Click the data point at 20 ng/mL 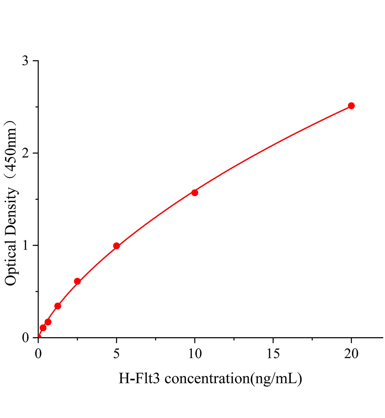click(351, 106)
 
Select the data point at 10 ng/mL click(195, 193)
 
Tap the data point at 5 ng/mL click(116, 246)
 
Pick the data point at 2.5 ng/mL click(77, 281)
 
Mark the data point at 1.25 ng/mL click(58, 306)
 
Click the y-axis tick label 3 click(25, 61)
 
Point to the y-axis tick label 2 click(25, 153)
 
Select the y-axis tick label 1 click(25, 246)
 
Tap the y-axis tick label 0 click(25, 338)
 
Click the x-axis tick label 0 click(38, 354)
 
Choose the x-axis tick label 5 click(116, 354)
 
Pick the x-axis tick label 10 click(195, 354)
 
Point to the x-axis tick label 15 click(273, 354)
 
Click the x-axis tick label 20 click(351, 354)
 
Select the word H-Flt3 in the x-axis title click(139, 378)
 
